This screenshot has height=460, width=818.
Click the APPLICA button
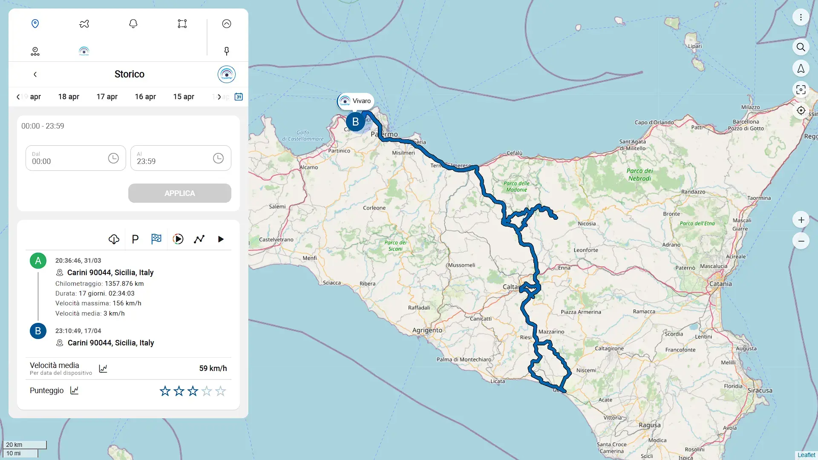pos(179,193)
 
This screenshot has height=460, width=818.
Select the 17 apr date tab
pos(107,97)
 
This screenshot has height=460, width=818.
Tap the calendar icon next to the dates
pos(239,97)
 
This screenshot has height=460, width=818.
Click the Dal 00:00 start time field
pos(68,158)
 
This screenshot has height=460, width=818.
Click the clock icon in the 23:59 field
pos(218,158)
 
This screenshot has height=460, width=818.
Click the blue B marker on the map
pos(355,122)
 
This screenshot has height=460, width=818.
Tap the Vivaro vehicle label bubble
pos(355,101)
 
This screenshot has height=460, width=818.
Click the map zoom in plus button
pos(801,220)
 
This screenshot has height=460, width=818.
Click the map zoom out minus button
pos(801,241)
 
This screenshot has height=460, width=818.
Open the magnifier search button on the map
pos(801,47)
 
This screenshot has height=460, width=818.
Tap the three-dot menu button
pos(801,17)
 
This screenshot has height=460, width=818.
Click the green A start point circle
pos(38,261)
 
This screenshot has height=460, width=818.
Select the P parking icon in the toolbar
pos(135,239)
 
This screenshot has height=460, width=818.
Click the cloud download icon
pos(114,239)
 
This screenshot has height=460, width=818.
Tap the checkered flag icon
pos(156,239)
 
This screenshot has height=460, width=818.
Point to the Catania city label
pos(720,284)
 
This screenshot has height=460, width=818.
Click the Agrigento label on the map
pos(427,330)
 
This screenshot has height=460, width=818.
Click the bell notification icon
pos(133,24)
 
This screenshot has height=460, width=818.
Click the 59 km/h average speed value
pos(213,368)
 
